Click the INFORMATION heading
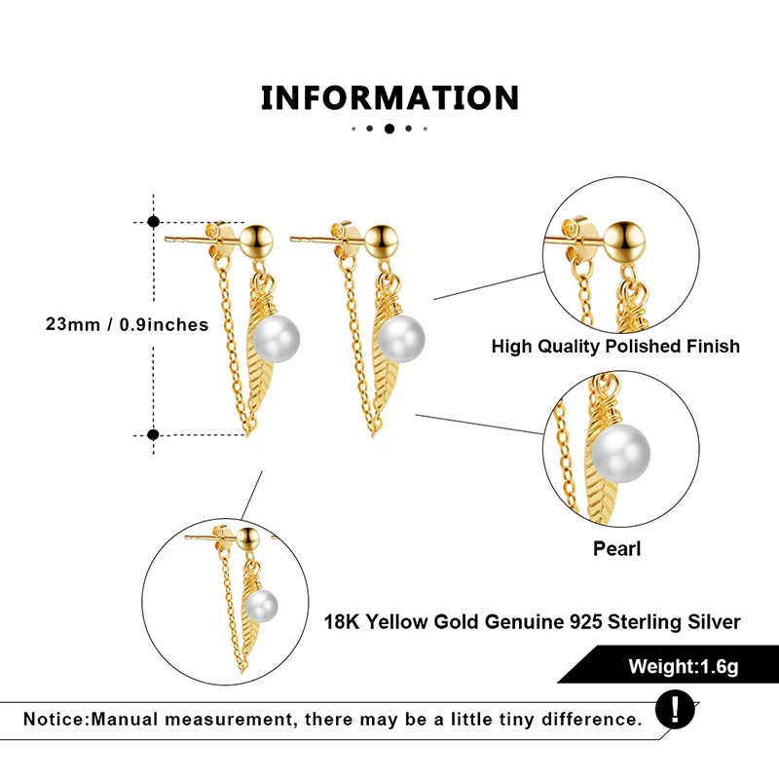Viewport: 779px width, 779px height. pyautogui.click(x=389, y=97)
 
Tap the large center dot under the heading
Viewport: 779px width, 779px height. pyautogui.click(x=389, y=129)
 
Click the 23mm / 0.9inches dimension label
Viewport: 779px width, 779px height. pyautogui.click(x=127, y=324)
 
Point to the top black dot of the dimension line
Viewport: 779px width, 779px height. pyautogui.click(x=153, y=222)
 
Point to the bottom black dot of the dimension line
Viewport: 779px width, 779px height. pyautogui.click(x=153, y=434)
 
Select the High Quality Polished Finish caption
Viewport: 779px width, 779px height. pyautogui.click(x=615, y=346)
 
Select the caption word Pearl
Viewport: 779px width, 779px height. pyautogui.click(x=617, y=549)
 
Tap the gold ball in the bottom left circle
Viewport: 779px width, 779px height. pyautogui.click(x=247, y=537)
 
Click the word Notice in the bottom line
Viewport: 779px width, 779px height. pyautogui.click(x=55, y=720)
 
